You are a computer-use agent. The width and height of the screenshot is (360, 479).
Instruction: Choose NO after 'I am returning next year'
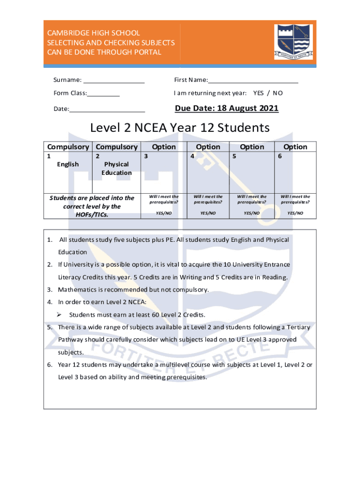pyautogui.click(x=278, y=93)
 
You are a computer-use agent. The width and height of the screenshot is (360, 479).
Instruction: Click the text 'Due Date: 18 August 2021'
pyautogui.click(x=227, y=109)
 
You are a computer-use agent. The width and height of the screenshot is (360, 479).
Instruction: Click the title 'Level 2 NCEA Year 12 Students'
pyautogui.click(x=180, y=128)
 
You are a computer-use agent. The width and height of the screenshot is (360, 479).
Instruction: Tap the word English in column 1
pyautogui.click(x=68, y=164)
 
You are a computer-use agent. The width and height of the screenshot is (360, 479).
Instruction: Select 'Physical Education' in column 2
pyautogui.click(x=117, y=168)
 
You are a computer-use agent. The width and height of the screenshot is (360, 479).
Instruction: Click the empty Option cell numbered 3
pyautogui.click(x=164, y=173)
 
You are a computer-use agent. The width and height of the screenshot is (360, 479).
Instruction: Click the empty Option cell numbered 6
pyautogui.click(x=295, y=173)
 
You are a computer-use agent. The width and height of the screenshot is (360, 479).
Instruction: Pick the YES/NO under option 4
pyautogui.click(x=208, y=213)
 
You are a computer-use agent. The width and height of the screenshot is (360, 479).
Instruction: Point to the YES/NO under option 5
pyautogui.click(x=252, y=213)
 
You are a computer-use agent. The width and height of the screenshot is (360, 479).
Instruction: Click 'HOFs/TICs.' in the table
pyautogui.click(x=92, y=215)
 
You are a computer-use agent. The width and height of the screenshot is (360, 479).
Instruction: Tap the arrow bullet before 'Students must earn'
pyautogui.click(x=59, y=314)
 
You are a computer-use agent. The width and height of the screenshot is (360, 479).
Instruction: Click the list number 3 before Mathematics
pyautogui.click(x=49, y=290)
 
